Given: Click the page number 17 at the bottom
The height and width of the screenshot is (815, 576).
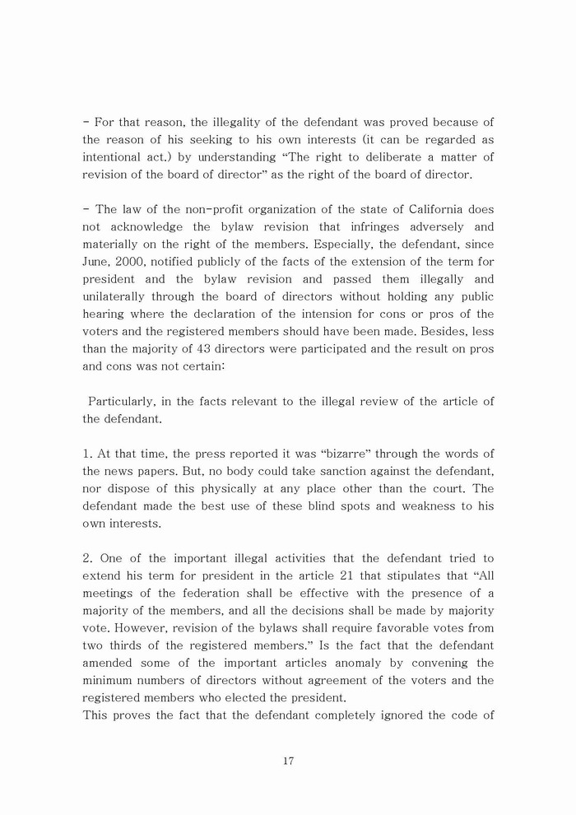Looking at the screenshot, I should [288, 761].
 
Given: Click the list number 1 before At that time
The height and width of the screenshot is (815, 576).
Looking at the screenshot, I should [86, 454].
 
